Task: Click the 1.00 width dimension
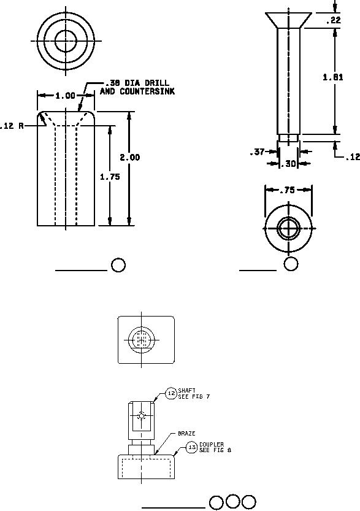(65, 96)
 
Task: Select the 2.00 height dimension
(129, 158)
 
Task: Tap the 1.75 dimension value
(110, 177)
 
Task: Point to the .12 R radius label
(12, 126)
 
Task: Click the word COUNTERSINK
(147, 91)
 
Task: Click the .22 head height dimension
(333, 20)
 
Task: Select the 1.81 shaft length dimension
(332, 77)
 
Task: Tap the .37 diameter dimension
(257, 152)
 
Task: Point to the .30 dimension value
(289, 164)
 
